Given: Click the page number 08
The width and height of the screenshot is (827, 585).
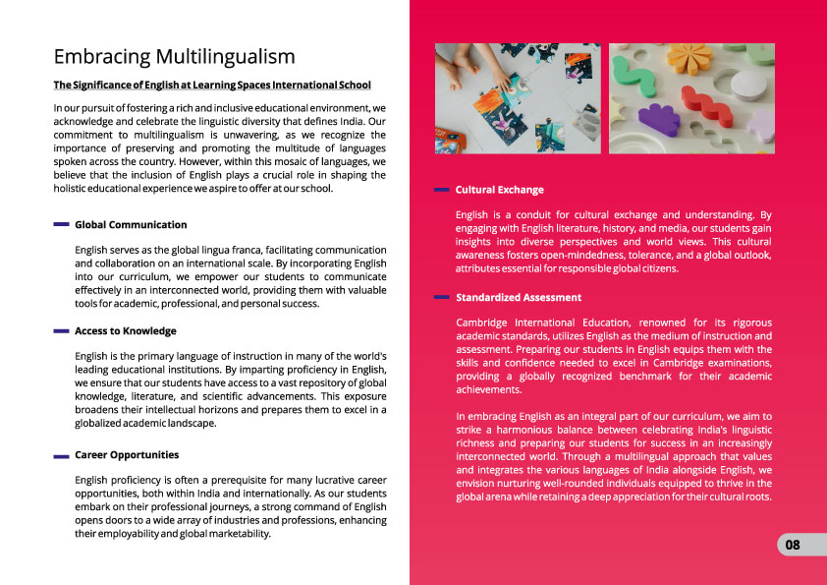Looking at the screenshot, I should click(793, 545).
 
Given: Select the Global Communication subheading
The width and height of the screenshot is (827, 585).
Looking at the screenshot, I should click(131, 225).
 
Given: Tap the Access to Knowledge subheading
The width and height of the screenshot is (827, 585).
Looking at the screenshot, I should click(126, 330).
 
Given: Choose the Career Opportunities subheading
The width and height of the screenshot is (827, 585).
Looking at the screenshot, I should click(127, 455).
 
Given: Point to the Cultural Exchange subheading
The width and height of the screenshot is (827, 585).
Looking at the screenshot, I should click(500, 190).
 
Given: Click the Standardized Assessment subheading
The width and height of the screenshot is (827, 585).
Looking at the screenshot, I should click(519, 297).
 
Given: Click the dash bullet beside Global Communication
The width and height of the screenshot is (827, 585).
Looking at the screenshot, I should click(61, 225).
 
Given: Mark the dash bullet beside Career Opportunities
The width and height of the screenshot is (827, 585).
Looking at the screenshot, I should click(61, 456).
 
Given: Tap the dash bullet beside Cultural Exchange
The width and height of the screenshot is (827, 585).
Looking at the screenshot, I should click(442, 190).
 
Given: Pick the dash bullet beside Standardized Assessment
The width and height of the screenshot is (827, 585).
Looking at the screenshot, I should click(442, 297).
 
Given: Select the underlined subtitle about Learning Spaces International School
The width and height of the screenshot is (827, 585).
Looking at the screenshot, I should click(212, 85).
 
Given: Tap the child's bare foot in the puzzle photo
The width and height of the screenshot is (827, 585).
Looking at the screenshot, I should click(451, 68).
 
